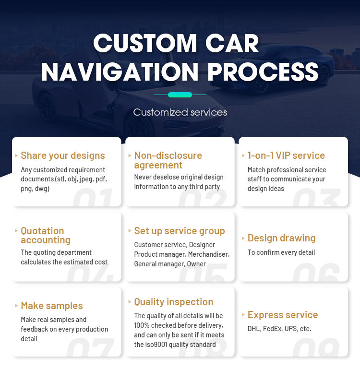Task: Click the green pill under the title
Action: point(180,95)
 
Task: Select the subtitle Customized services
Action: point(180,112)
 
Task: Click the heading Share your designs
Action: point(62,155)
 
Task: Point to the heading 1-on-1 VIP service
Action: point(286,155)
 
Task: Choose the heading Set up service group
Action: point(179,231)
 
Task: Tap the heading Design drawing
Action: point(281,238)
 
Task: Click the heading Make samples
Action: point(51,306)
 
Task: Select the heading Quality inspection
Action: point(173,302)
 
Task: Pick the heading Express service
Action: point(282,315)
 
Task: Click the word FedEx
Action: point(273,329)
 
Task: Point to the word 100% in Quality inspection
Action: point(142,325)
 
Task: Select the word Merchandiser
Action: point(208,254)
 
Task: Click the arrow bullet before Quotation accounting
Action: point(16,231)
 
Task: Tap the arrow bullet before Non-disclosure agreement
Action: point(130,155)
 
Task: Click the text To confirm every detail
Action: point(281,252)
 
